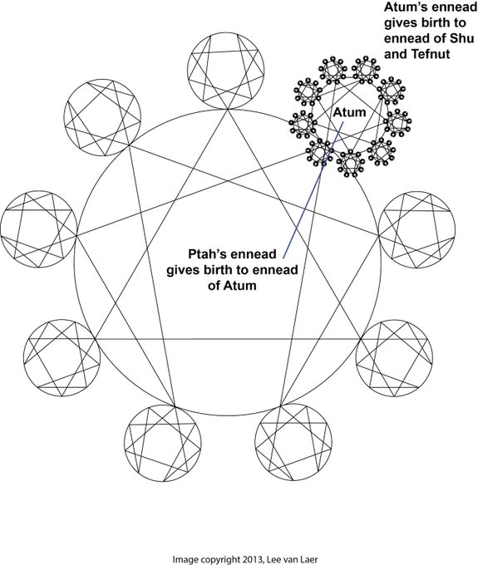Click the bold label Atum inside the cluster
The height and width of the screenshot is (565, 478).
[x=349, y=112]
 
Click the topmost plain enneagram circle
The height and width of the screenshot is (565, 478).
[x=264, y=71]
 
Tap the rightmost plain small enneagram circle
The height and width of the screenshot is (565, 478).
[x=455, y=229]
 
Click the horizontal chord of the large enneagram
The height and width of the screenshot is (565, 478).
[x=228, y=339]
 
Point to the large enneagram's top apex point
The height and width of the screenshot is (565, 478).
[x=228, y=109]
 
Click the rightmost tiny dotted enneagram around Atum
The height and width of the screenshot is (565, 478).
[x=397, y=122]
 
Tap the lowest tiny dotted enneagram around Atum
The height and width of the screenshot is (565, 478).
[x=349, y=164]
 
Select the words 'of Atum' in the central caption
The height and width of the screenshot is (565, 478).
[x=232, y=285]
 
